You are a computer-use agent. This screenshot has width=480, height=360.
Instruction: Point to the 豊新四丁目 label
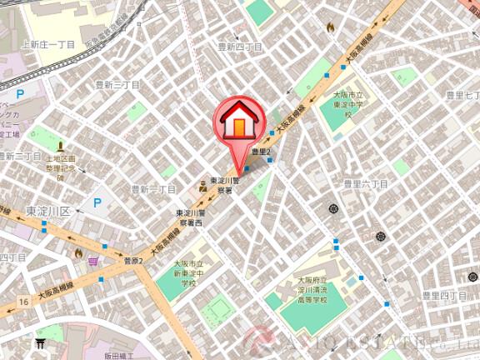240,48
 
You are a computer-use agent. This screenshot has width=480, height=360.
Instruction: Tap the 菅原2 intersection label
133,261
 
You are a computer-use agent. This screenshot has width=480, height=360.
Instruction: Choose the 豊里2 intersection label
257,151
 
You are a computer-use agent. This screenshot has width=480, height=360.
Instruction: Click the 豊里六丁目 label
366,182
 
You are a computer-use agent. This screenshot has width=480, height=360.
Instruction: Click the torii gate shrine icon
39,342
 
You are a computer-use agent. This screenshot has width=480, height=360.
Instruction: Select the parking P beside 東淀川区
97,202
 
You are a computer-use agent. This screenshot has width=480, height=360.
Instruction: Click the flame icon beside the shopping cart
78,252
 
